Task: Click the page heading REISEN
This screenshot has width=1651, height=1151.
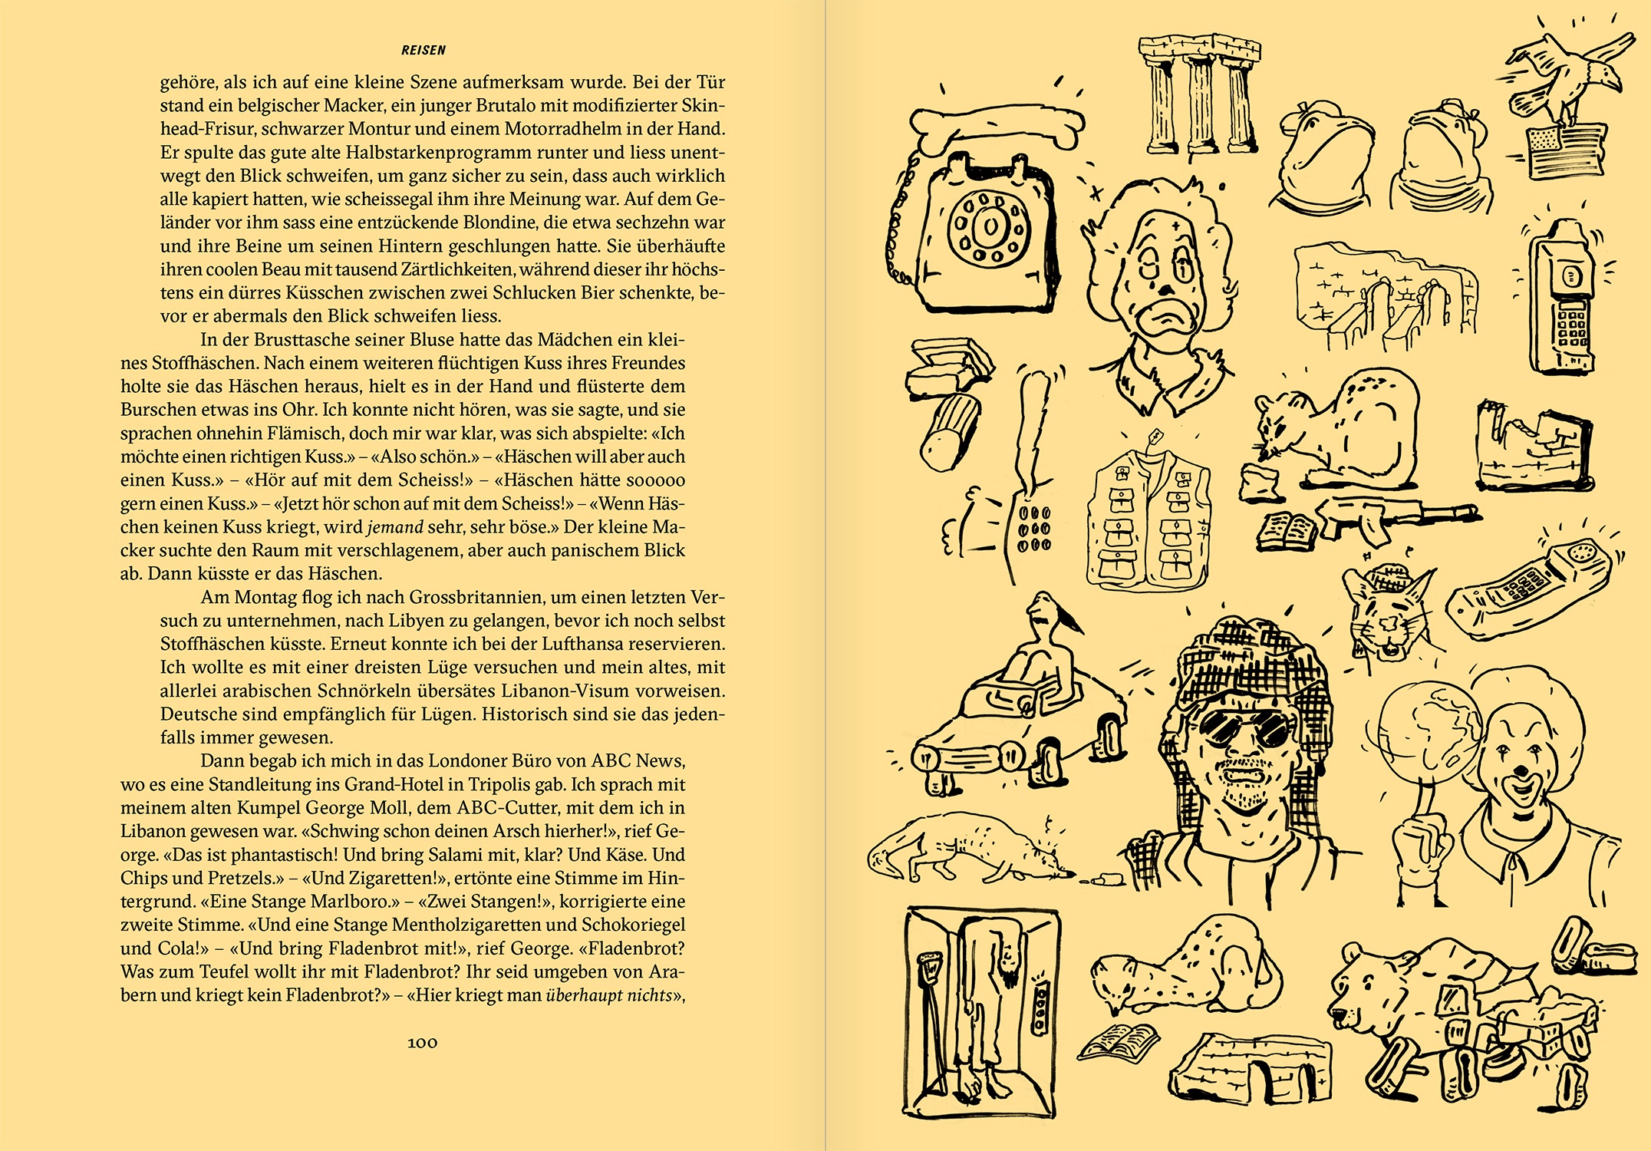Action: pos(423,51)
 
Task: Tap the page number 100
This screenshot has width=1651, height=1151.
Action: pos(422,1042)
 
